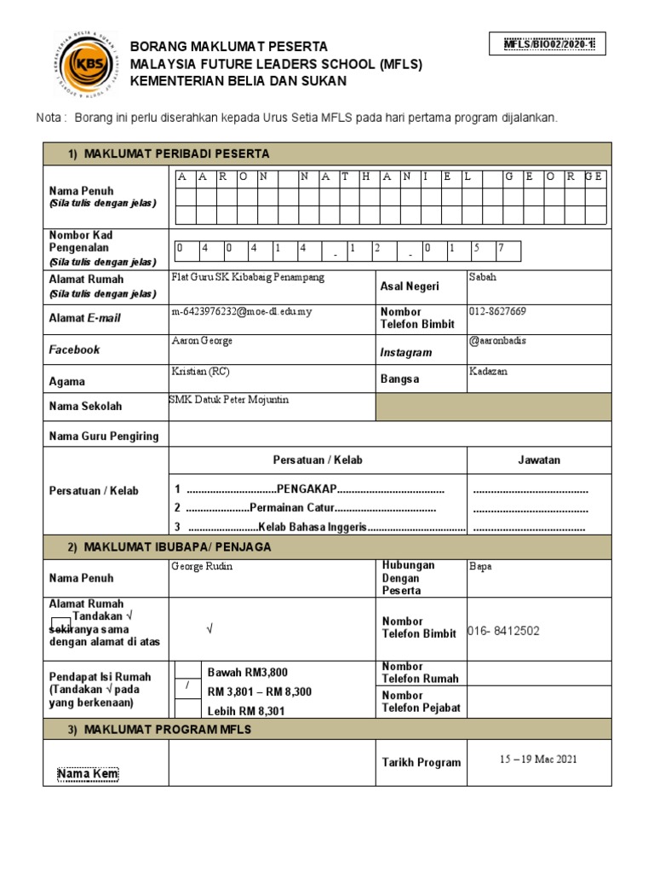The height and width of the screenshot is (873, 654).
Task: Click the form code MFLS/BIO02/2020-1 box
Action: pyautogui.click(x=548, y=44)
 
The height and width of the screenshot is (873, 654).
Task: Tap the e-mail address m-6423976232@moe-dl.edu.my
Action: pyautogui.click(x=242, y=311)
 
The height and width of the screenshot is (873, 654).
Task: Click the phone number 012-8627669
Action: pyautogui.click(x=497, y=311)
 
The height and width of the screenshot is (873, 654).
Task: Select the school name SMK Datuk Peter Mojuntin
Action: pyautogui.click(x=229, y=400)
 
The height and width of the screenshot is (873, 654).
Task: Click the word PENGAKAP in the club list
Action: pyautogui.click(x=308, y=489)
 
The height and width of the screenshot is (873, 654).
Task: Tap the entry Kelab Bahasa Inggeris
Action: pyautogui.click(x=313, y=527)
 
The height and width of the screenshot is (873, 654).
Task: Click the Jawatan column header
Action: pyautogui.click(x=539, y=460)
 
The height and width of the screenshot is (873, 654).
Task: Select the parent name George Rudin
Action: pyautogui.click(x=202, y=566)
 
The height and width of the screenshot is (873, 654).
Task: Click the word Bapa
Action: pyautogui.click(x=480, y=566)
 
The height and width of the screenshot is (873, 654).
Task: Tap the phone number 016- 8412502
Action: pyautogui.click(x=503, y=631)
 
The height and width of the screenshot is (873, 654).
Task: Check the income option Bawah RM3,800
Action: pyautogui.click(x=248, y=672)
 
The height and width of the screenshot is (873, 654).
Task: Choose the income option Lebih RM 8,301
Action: pyautogui.click(x=246, y=710)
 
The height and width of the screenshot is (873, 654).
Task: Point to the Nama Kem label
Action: pyautogui.click(x=88, y=774)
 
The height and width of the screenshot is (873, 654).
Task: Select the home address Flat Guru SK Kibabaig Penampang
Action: pyautogui.click(x=248, y=278)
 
